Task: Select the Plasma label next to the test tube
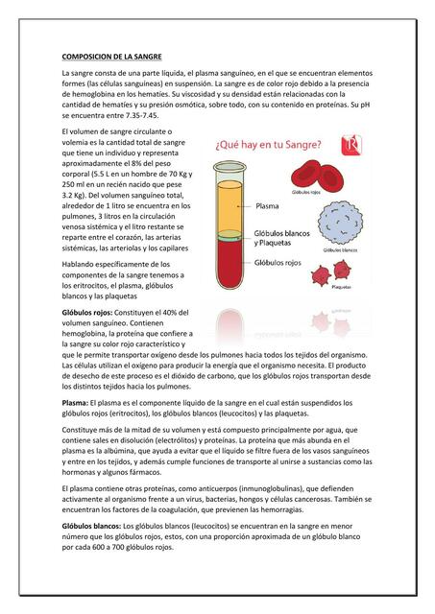tap(267, 204)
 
